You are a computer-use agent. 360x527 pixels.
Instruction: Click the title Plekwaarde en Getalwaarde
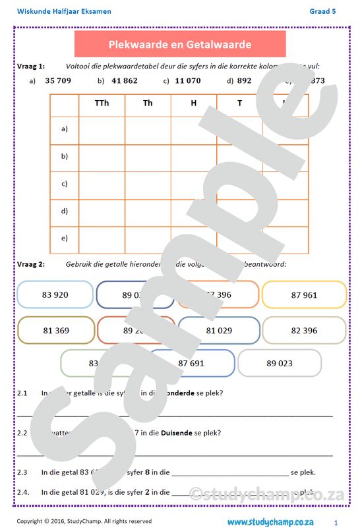(x=179, y=44)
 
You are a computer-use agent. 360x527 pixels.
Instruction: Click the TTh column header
(x=102, y=103)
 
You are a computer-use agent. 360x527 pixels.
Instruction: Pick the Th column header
(x=148, y=103)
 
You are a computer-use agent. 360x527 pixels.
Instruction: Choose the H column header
(x=193, y=103)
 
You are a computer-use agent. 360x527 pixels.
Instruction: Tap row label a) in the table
(x=64, y=128)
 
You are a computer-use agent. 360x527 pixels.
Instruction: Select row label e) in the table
(x=64, y=238)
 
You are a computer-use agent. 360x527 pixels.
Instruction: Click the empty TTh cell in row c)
(x=102, y=183)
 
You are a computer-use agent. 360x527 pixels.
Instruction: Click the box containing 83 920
(x=55, y=294)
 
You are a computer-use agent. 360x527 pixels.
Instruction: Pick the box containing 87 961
(x=304, y=294)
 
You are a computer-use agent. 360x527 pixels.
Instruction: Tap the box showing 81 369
(x=56, y=330)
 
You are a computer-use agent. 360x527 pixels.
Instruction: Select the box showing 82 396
(x=304, y=330)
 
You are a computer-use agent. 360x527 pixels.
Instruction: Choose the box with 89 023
(x=280, y=363)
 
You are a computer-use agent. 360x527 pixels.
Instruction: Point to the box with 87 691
(x=192, y=363)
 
